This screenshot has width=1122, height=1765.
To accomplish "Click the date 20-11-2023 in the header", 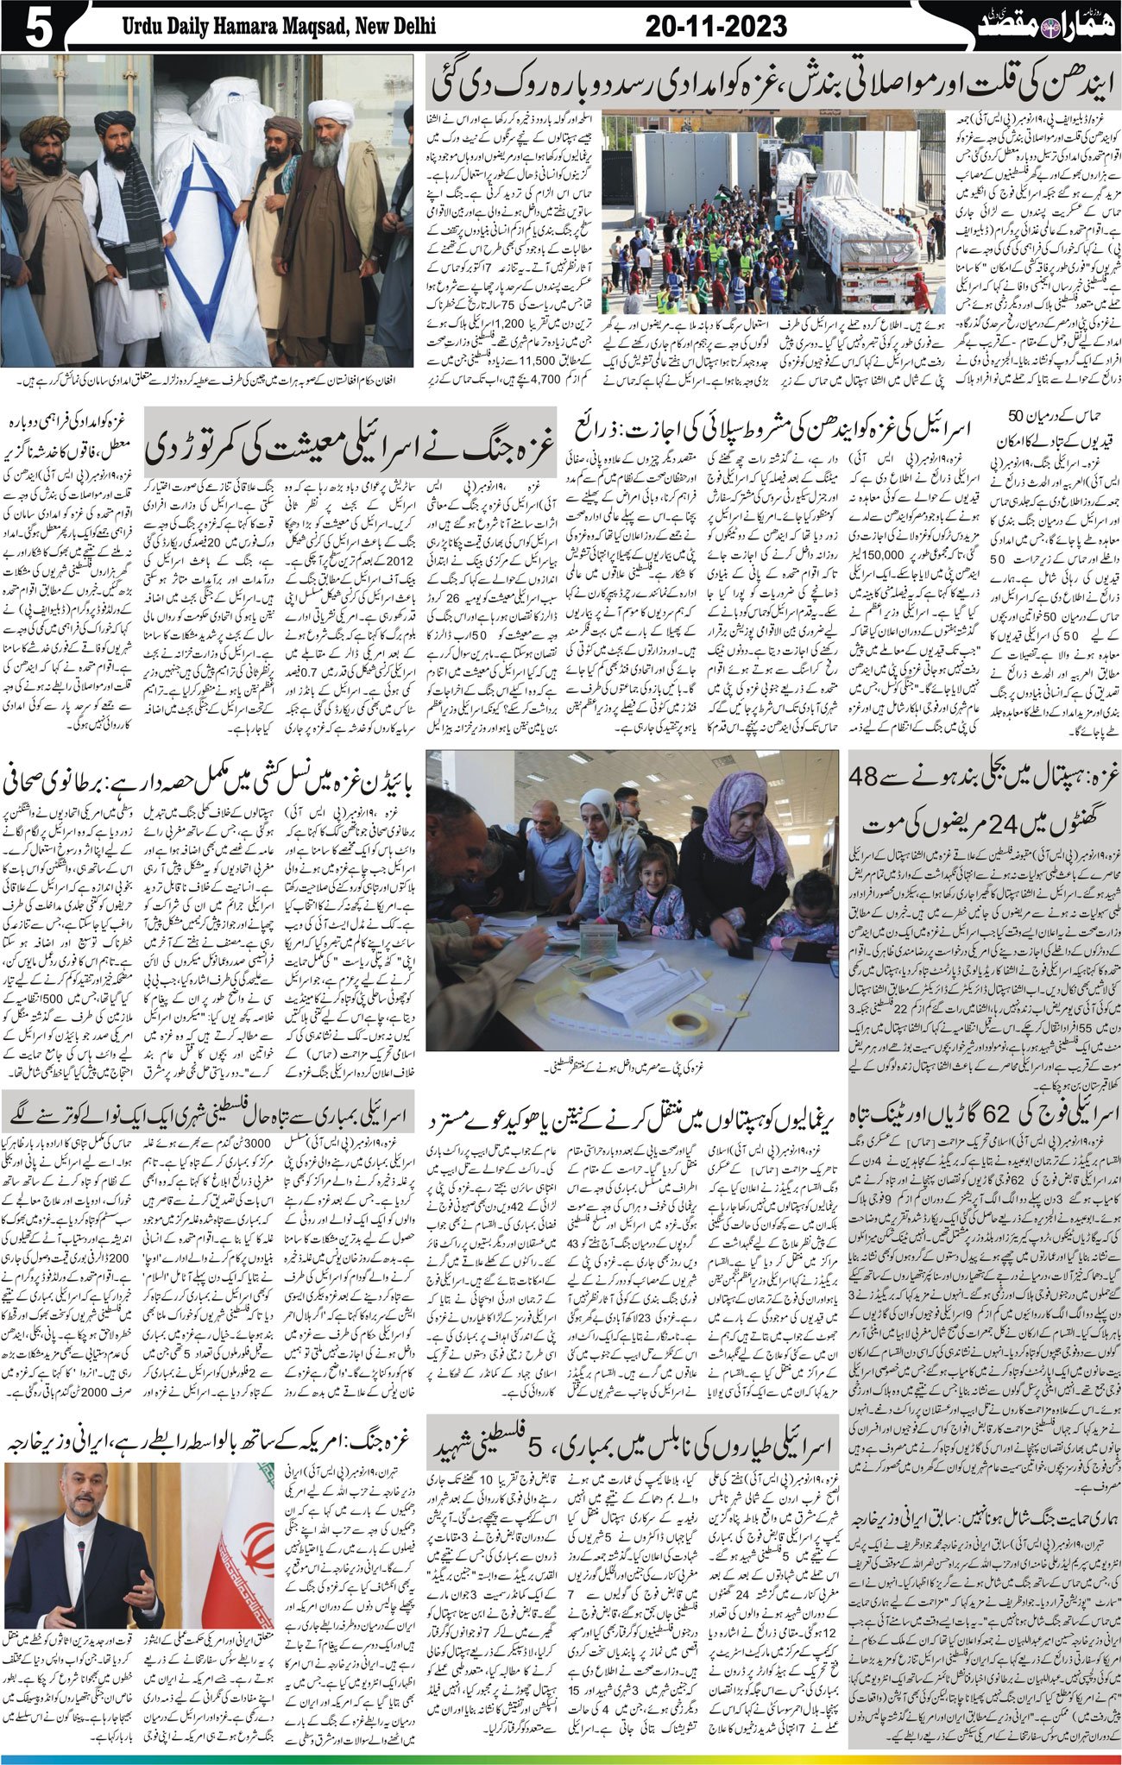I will click(715, 27).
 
